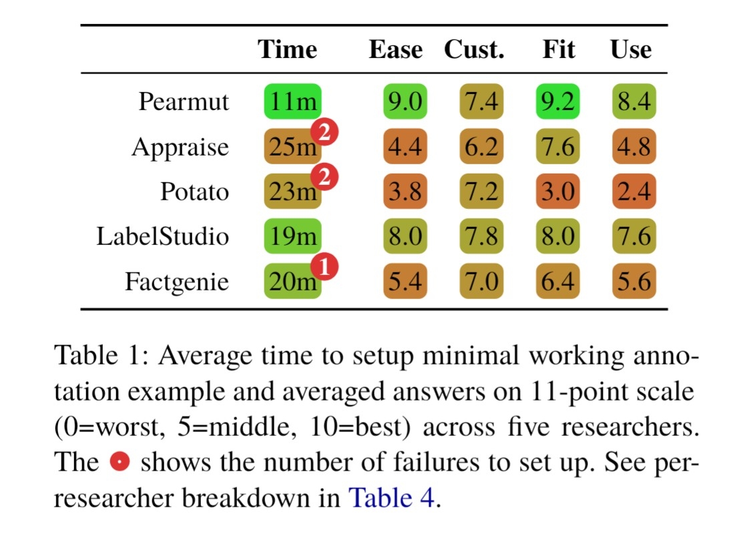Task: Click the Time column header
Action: click(x=287, y=50)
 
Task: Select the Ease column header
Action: click(x=395, y=50)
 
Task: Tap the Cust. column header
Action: click(x=475, y=50)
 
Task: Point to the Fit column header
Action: click(x=558, y=50)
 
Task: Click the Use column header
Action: click(x=631, y=50)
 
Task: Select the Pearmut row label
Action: click(x=184, y=102)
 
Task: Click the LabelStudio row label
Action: click(x=163, y=236)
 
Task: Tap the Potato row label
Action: click(x=194, y=192)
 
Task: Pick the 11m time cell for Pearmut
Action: click(x=292, y=102)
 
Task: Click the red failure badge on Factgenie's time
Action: click(x=324, y=267)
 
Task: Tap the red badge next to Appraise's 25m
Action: click(x=324, y=133)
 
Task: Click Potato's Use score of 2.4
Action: click(x=634, y=192)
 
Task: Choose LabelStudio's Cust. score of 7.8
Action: click(x=481, y=236)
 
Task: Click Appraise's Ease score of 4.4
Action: click(x=405, y=147)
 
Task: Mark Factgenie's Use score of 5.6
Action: click(x=634, y=281)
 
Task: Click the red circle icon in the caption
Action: click(x=119, y=461)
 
